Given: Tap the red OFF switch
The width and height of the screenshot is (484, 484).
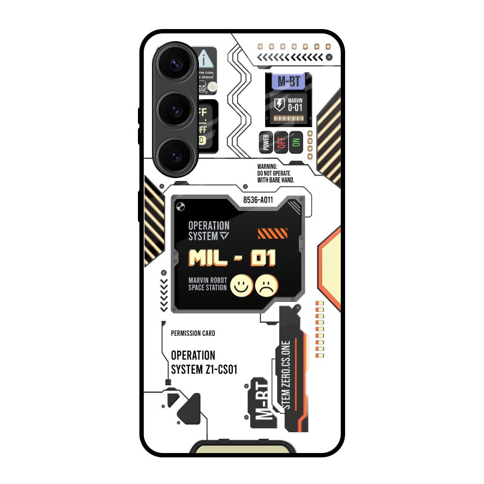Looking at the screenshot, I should click(x=281, y=142).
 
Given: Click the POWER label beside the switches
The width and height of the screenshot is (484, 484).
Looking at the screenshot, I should click(x=265, y=142).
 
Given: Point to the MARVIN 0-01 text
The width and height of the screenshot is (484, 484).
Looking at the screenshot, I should click(x=295, y=105).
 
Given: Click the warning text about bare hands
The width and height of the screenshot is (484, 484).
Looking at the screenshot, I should click(x=276, y=173).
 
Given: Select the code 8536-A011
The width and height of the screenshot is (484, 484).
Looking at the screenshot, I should click(x=258, y=199).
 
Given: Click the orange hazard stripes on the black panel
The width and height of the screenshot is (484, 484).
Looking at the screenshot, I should click(x=272, y=234).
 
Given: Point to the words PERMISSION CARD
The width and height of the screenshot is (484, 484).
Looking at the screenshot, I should click(x=193, y=333).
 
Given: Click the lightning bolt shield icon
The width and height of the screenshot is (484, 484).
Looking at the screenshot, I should click(x=279, y=104).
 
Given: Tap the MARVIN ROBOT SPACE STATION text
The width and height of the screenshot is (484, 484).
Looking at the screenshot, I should click(x=207, y=284).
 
